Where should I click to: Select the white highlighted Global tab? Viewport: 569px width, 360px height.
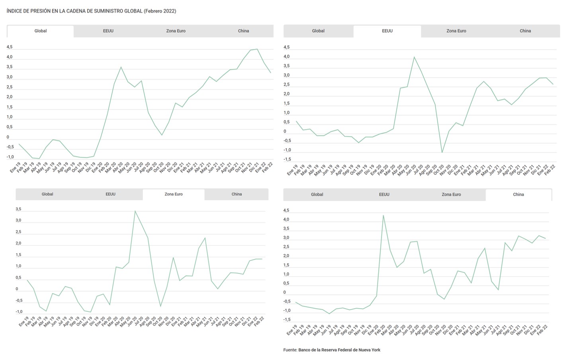[x=41, y=31]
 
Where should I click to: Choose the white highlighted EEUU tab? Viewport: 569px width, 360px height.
[x=387, y=31]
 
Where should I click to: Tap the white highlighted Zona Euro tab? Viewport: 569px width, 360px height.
[x=174, y=194]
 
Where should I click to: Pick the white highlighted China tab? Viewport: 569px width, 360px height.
[x=518, y=195]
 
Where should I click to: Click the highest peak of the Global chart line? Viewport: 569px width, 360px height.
[x=257, y=49]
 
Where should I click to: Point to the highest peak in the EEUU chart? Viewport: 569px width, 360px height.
[x=414, y=57]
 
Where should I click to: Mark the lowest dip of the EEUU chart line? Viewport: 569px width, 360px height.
[x=442, y=152]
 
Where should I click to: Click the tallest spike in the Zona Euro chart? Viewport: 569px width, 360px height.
[x=135, y=211]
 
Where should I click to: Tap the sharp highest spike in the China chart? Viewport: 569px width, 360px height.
[x=383, y=215]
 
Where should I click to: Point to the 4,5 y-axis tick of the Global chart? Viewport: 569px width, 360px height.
[x=9, y=47]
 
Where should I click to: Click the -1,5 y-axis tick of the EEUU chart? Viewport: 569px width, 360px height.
[x=287, y=159]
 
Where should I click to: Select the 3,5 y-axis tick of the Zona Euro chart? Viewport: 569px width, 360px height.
[x=18, y=209]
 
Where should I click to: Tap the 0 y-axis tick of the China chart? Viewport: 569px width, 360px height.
[x=284, y=292]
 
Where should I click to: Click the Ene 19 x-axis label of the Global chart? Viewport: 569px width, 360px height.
[x=15, y=168]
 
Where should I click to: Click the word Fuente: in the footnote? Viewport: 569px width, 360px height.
[x=290, y=350]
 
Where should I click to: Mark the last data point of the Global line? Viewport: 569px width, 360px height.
[x=271, y=72]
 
